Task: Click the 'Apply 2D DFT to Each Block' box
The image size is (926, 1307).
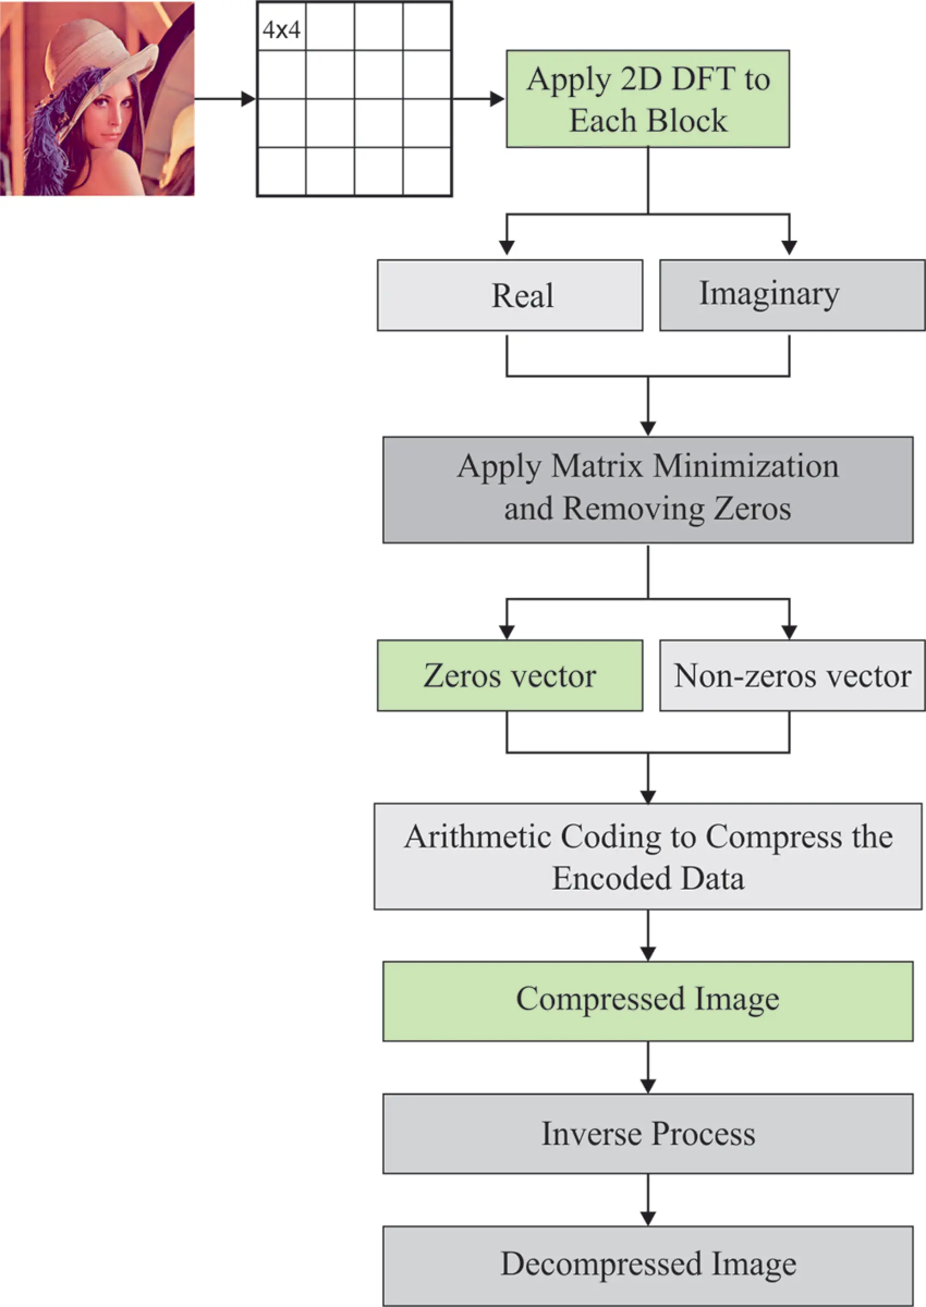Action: pos(648,99)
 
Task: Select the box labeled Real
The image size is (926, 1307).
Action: pos(510,295)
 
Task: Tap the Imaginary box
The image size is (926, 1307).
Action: pos(791,295)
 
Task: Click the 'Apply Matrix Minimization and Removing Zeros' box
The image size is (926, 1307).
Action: pos(648,490)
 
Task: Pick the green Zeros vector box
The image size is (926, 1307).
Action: pos(510,675)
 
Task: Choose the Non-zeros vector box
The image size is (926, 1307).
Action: pos(791,675)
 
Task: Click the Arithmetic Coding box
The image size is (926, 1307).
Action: pos(648,856)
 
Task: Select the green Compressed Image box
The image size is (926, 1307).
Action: pos(648,1001)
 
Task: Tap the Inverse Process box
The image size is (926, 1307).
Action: pos(648,1134)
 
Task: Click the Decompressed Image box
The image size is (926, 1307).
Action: pos(648,1266)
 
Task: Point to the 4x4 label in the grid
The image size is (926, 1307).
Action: pos(281,29)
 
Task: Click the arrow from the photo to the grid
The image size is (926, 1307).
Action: pos(225,99)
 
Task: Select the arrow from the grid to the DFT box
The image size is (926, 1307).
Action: pos(479,99)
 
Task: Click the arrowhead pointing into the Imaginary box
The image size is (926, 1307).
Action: pos(789,247)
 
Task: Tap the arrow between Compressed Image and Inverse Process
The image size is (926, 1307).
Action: pos(648,1067)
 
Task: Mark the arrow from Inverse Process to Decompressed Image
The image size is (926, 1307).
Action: pos(648,1199)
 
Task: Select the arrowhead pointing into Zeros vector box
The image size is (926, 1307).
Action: pos(507,632)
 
